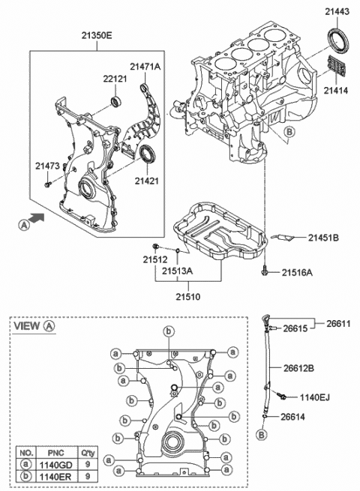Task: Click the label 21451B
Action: (323, 238)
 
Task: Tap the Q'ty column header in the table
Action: (88, 453)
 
